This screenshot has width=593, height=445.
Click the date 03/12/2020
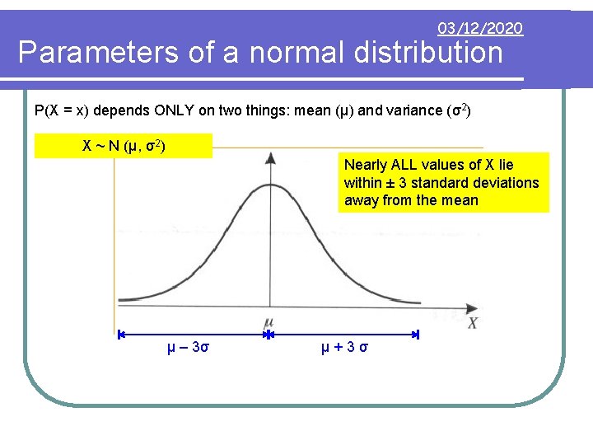click(x=480, y=29)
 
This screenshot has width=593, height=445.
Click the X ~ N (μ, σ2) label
click(x=124, y=147)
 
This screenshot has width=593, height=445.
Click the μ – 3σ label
click(x=188, y=347)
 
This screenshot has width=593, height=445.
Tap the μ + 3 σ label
click(x=344, y=347)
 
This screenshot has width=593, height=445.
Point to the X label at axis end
click(x=473, y=323)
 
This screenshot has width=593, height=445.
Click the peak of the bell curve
click(x=269, y=184)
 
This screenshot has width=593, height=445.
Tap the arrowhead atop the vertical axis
click(x=269, y=155)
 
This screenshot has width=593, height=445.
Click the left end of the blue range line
click(x=120, y=335)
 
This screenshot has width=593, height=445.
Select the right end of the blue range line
click(x=416, y=335)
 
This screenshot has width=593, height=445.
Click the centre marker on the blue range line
click(x=268, y=335)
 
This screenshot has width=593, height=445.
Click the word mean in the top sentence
click(x=322, y=110)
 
